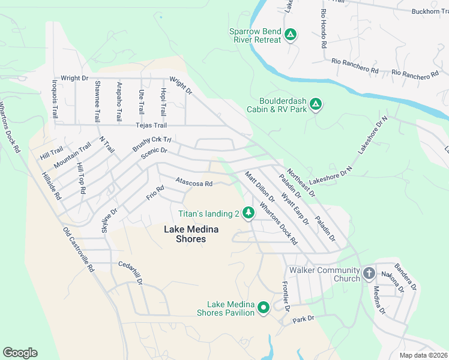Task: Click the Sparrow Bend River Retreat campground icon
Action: [x=290, y=35]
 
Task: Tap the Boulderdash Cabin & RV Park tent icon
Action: [x=316, y=105]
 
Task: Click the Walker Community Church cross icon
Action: [x=369, y=274]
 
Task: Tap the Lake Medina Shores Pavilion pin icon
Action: [x=263, y=308]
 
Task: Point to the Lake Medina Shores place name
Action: [x=185, y=234]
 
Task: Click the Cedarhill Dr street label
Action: [x=131, y=272]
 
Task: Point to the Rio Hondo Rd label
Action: [x=324, y=29]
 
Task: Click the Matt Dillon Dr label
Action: [x=259, y=187]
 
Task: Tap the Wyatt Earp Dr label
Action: [x=294, y=208]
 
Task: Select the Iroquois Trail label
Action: [x=55, y=100]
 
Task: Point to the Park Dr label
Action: [x=304, y=319]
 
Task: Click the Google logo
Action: [x=20, y=353]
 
